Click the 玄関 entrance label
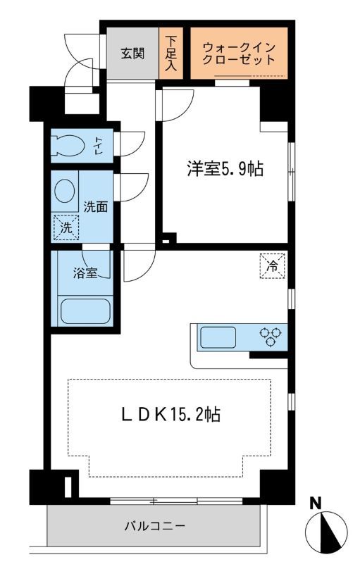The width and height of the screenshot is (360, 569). pos(132,53)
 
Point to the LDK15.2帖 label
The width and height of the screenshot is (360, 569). pos(170,415)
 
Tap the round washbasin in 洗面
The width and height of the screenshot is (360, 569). pos(66,191)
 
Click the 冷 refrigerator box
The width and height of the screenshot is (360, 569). pos(273,265)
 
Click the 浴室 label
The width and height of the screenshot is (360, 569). pos(87,273)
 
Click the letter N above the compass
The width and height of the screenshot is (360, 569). pos(316,503)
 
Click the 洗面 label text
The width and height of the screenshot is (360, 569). pos(95,207)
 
